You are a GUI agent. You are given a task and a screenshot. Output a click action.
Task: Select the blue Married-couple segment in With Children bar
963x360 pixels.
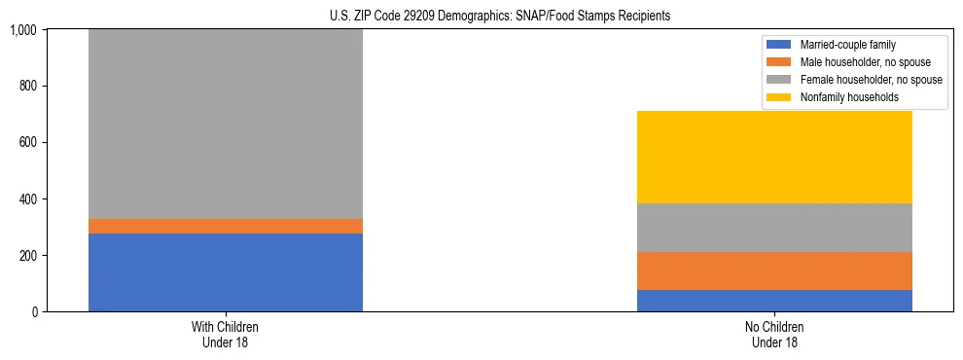(225, 272)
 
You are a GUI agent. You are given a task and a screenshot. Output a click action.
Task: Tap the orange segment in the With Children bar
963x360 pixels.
(225, 226)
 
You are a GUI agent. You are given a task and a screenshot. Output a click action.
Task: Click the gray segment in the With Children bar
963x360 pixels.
(225, 125)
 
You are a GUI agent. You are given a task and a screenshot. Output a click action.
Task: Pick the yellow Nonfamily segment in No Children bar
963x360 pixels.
(774, 157)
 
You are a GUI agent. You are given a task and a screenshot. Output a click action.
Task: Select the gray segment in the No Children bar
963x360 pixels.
(774, 228)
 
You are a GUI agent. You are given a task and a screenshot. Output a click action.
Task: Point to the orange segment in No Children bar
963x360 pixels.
(774, 270)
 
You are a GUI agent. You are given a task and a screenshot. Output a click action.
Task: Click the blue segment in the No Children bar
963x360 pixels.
(774, 301)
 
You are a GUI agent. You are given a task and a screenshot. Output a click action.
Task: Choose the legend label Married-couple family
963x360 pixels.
(847, 45)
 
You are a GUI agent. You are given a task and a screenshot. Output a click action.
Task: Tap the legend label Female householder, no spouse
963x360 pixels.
(871, 80)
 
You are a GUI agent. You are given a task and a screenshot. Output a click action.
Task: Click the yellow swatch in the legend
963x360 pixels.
(779, 97)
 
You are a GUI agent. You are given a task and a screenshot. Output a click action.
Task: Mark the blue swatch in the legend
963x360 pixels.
(779, 45)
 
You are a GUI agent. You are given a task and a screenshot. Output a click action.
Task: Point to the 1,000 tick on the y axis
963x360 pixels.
(23, 30)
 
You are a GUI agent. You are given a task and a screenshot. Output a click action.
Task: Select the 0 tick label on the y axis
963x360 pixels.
(34, 312)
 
